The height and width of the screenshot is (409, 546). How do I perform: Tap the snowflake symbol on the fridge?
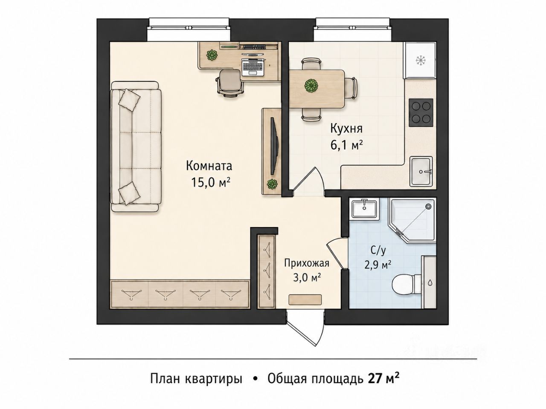pos(421,60)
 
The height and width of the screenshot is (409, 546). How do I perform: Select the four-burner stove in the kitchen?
pos(421,112)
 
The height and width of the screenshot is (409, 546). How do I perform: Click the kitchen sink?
pos(421,171)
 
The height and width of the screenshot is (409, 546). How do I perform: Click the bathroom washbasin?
pos(364,210)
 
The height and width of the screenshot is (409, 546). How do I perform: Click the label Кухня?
pos(346,129)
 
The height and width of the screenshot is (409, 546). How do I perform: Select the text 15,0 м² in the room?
pos(210,182)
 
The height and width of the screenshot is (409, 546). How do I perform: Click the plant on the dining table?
pos(311,86)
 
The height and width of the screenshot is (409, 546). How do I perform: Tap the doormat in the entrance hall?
pos(305,300)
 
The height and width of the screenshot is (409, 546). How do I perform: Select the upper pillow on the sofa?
pos(129,100)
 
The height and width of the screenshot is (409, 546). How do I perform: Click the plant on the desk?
pos(212,55)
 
